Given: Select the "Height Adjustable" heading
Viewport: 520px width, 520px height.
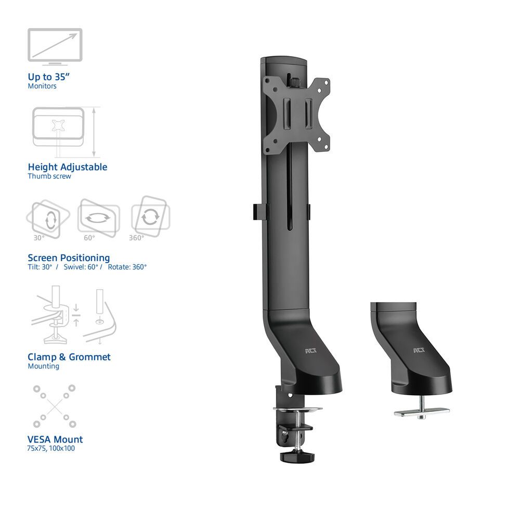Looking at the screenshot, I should click(68, 167).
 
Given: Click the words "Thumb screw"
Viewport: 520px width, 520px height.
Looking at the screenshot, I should click(49, 176).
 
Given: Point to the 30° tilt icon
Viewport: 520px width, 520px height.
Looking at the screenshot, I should click(47, 217).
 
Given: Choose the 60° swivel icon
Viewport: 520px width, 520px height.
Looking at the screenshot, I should click(98, 217).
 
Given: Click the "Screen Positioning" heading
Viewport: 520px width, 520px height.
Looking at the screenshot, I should click(69, 257).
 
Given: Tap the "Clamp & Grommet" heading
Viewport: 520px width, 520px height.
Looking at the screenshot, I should click(69, 357).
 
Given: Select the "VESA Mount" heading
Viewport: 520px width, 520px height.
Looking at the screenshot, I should click(55, 439).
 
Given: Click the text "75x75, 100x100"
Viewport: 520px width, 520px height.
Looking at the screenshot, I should click(51, 448).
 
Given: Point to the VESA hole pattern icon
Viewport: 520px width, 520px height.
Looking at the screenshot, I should click(54, 406).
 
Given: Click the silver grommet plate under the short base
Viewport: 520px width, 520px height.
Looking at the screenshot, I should click(422, 411).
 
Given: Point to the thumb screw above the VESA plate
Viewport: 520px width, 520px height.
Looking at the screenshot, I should click(295, 82).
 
